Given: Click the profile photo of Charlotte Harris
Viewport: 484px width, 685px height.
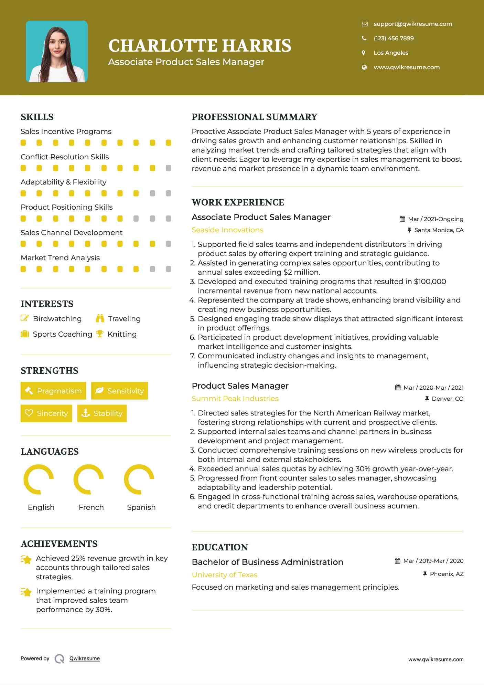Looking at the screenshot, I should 57,52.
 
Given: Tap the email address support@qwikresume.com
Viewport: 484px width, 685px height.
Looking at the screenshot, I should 413,24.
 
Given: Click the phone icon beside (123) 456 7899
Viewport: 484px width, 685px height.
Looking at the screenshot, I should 364,38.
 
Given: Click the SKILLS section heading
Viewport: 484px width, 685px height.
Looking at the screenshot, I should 37,117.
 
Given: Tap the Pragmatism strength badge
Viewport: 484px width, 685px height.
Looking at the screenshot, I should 53,391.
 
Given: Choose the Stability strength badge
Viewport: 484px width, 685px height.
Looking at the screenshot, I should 102,413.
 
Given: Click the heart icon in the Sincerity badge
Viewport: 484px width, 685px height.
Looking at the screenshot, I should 29,413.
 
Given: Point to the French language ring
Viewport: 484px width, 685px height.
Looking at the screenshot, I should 89,479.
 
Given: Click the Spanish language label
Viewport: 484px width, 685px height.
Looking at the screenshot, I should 141,507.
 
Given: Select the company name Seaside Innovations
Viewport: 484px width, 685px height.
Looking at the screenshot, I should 227,230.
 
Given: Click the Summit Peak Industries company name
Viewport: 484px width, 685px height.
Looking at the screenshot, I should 235,399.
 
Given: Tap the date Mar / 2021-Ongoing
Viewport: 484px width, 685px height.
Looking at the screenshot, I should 435,219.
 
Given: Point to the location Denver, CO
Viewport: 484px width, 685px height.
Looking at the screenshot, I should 448,399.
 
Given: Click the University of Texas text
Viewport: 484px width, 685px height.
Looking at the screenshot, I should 224,575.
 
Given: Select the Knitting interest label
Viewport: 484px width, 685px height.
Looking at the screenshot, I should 122,334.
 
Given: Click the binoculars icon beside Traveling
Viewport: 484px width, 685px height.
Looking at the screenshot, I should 100,318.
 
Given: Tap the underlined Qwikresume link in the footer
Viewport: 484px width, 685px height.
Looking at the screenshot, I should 85,658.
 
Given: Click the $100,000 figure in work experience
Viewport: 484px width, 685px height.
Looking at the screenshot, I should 430,282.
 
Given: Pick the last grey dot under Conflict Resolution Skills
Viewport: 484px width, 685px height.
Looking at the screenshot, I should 169,168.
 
